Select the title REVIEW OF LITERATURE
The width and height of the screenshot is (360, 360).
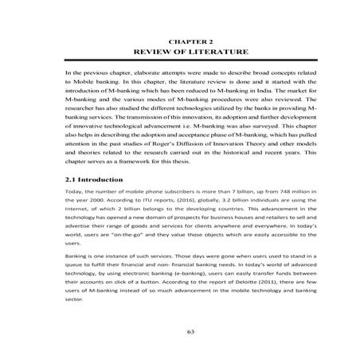181,50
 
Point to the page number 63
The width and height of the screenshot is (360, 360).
180,331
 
